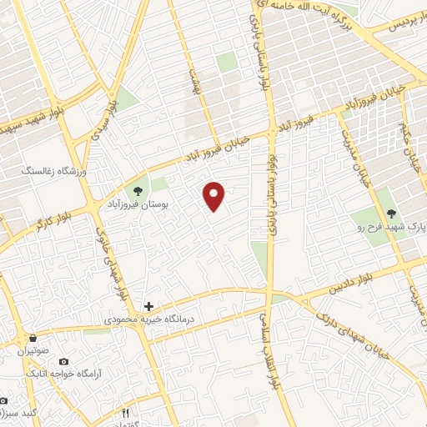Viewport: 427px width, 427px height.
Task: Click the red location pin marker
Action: click(x=215, y=195)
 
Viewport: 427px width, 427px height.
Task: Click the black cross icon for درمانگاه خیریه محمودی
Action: click(x=148, y=307)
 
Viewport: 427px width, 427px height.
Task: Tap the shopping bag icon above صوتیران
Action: click(x=33, y=339)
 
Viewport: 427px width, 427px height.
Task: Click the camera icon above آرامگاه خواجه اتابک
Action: click(x=64, y=361)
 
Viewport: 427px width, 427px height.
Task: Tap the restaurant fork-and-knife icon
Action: click(x=126, y=412)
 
